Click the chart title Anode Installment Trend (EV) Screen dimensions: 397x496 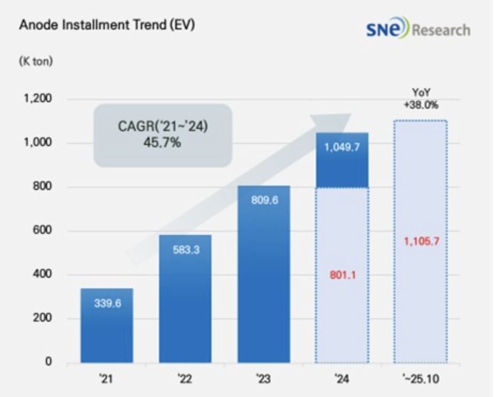(x=106, y=26)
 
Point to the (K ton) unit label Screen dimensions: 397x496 (x=36, y=62)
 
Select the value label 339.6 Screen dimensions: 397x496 (x=106, y=303)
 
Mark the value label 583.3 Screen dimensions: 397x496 (x=185, y=249)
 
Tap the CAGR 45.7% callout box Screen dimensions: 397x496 (x=163, y=135)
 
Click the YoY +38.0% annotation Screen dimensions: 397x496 (x=421, y=99)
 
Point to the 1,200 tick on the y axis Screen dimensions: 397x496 (x=37, y=100)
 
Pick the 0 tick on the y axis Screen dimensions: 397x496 (x=48, y=362)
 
